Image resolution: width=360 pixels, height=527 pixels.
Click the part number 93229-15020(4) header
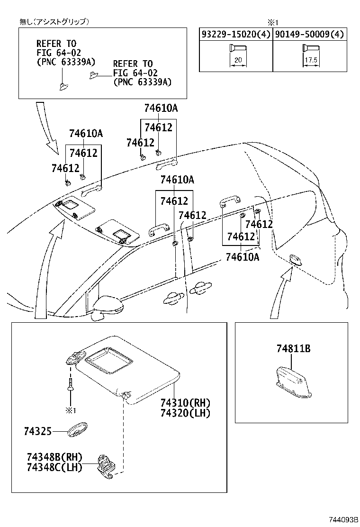[235, 34]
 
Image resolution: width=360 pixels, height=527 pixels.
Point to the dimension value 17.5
[310, 61]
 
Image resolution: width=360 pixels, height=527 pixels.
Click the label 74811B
[293, 349]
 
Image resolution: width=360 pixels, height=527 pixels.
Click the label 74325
[38, 431]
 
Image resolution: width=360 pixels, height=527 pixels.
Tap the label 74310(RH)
[185, 403]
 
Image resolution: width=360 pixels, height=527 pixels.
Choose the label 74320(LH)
[185, 413]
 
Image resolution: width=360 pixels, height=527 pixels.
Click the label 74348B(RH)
[54, 457]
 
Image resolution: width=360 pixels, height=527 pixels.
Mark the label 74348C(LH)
[54, 467]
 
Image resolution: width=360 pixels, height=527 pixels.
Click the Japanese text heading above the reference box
[54, 22]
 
